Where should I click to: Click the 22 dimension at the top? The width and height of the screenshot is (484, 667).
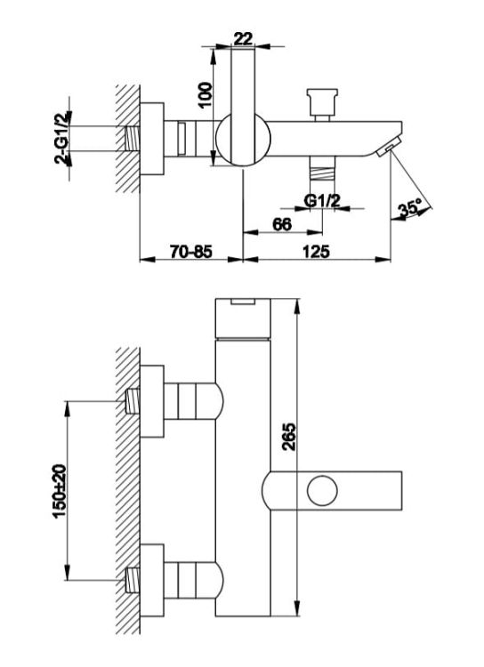coord(243,38)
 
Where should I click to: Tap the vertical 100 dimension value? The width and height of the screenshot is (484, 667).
coord(205,95)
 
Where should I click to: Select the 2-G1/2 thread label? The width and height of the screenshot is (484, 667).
coord(62,138)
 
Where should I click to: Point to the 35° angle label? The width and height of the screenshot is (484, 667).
coord(410,209)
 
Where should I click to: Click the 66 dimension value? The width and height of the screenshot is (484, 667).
coord(282,224)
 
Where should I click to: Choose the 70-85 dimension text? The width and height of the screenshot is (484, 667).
coord(191,252)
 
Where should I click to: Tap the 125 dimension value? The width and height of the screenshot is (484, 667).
coord(316,252)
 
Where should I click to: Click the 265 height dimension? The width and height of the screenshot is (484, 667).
coord(289,437)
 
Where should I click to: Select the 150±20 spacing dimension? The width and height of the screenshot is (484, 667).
coord(60,491)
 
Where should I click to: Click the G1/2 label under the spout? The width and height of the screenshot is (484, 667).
coord(322,200)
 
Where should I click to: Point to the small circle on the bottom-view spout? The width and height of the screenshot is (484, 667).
coord(323,490)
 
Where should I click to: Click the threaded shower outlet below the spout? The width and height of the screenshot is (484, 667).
coord(322,168)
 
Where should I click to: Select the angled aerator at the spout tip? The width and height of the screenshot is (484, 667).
coord(389,147)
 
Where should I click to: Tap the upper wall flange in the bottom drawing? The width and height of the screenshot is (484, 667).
coord(152,401)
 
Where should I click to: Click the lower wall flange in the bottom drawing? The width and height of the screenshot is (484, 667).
coord(152,580)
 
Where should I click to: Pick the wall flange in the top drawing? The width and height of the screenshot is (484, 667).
coord(152,139)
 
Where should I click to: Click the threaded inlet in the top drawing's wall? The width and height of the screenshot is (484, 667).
coord(133,138)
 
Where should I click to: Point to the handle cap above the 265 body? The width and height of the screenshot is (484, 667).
coord(243,318)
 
